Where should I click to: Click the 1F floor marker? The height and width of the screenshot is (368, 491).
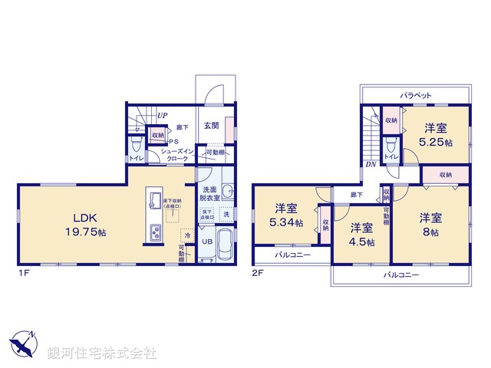(x=24, y=272)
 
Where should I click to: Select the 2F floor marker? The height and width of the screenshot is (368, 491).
(x=259, y=272)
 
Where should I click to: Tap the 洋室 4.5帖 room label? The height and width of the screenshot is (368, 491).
(x=361, y=234)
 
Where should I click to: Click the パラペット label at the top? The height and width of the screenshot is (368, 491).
(x=415, y=95)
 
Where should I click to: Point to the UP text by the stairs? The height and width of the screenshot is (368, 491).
(x=163, y=117)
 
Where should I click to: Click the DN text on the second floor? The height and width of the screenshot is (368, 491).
(x=371, y=163)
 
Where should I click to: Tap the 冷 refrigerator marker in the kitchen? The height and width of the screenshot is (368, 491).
(x=186, y=235)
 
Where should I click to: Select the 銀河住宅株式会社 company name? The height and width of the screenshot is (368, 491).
(x=102, y=353)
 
